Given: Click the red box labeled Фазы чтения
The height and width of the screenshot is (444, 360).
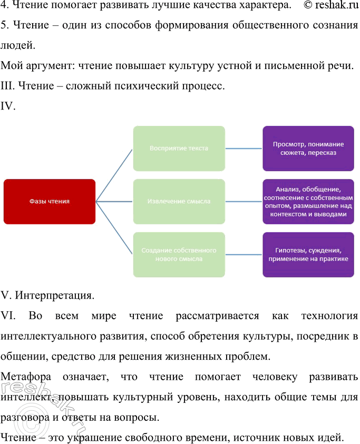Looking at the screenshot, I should coord(49,201).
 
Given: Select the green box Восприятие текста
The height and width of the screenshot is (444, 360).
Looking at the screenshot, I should coord(179,149).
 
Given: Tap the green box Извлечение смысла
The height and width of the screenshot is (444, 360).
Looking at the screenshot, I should coord(179,201).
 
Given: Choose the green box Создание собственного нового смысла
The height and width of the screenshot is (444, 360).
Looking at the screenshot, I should coord(179,254).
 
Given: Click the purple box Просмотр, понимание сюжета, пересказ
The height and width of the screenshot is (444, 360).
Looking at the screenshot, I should coord(308,149).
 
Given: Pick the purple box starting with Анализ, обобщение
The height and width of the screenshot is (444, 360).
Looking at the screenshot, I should coord(308,201).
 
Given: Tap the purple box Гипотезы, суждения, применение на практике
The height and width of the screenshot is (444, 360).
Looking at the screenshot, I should coord(308,254).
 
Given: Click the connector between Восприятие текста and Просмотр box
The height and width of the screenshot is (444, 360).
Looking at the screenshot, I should coord(244,149).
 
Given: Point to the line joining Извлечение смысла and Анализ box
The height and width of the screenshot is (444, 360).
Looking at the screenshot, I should coord(244,201).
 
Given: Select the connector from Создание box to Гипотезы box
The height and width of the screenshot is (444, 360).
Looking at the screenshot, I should coord(244,254).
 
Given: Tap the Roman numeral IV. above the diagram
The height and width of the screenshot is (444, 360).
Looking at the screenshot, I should coord(9,106).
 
